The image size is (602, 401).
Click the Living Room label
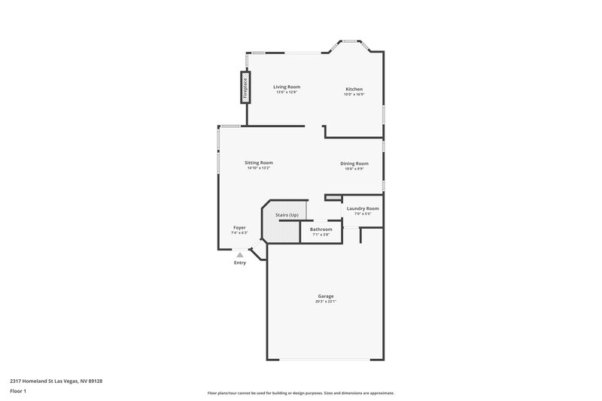[x=286, y=87]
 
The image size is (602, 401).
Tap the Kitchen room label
[x=354, y=87]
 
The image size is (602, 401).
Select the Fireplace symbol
[x=245, y=87]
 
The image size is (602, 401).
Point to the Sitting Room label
[x=258, y=163]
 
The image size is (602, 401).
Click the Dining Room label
[x=354, y=163]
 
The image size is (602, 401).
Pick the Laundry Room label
[x=362, y=208]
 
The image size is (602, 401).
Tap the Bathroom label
[x=321, y=229]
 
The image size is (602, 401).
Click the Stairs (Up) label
[x=287, y=215]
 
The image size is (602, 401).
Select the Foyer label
[x=239, y=227]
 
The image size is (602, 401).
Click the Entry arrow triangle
[x=240, y=255]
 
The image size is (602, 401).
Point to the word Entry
[x=240, y=263]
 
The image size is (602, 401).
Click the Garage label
[x=325, y=296]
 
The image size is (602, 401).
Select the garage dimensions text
[x=325, y=302]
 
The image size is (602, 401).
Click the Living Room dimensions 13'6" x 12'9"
[x=286, y=93]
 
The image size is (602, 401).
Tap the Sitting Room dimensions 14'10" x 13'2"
[x=258, y=169]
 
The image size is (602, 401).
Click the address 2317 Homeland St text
[x=56, y=381]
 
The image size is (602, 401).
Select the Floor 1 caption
[x=18, y=391]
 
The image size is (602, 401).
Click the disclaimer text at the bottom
[x=300, y=393]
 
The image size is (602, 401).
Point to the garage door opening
[x=325, y=359]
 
